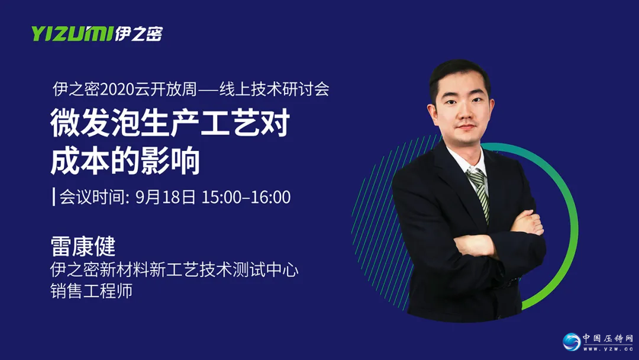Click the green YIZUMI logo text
pyautogui.click(x=72, y=34)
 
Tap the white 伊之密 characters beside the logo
pyautogui.click(x=138, y=34)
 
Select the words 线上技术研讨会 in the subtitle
pyautogui.click(x=275, y=89)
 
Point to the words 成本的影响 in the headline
pyautogui.click(x=125, y=160)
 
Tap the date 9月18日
pyautogui.click(x=166, y=197)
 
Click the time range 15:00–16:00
pyautogui.click(x=246, y=197)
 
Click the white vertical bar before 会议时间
pyautogui.click(x=54, y=197)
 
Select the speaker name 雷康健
pyautogui.click(x=83, y=246)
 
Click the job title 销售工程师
pyautogui.click(x=92, y=291)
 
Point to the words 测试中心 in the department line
pyautogui.click(x=265, y=270)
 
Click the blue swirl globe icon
pyautogui.click(x=572, y=342)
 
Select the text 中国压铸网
pyautogui.click(x=608, y=339)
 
